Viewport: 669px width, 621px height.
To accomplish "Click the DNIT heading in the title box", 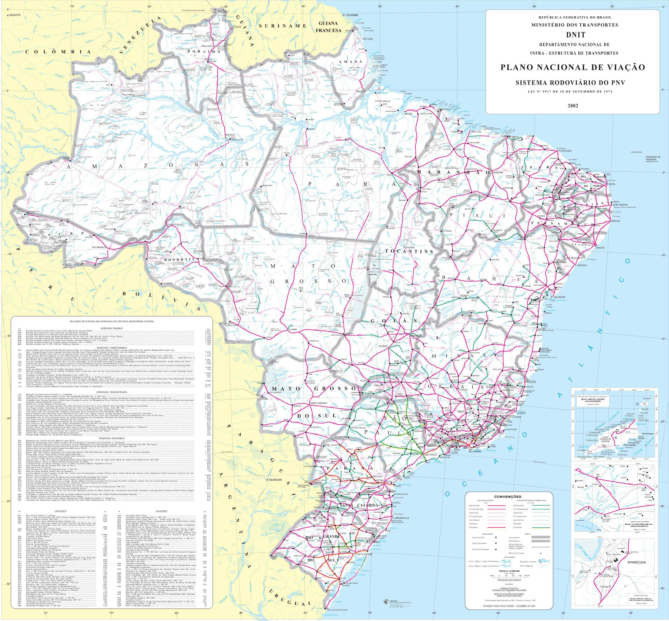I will tap(576, 35).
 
